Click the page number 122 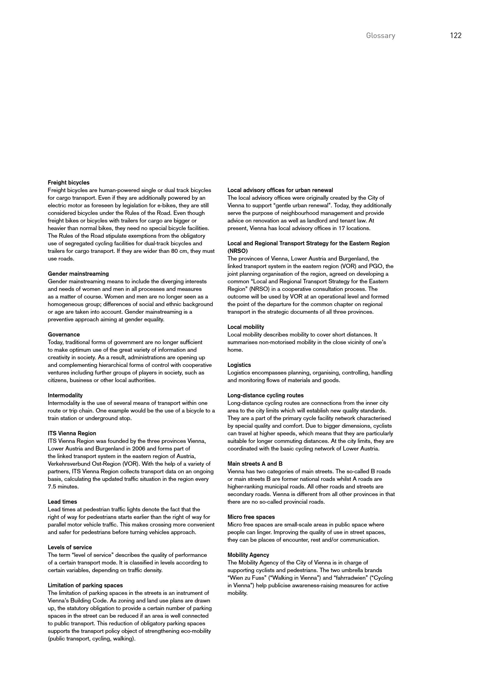(x=455, y=36)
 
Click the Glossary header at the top (x=380, y=36)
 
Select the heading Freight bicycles (x=68, y=183)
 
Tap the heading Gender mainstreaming (x=78, y=274)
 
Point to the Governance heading (x=64, y=335)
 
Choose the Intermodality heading (x=65, y=395)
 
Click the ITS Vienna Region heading (x=72, y=433)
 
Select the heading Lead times (x=62, y=502)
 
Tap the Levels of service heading (x=70, y=547)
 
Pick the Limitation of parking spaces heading (x=85, y=585)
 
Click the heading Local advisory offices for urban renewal (x=280, y=190)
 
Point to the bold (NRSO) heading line (x=238, y=251)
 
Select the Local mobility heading (x=245, y=327)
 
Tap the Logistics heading (x=239, y=365)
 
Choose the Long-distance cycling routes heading (x=265, y=395)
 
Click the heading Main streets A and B (x=255, y=464)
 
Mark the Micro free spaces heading (x=251, y=517)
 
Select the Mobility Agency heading (x=248, y=555)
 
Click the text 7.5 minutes (x=63, y=487)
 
